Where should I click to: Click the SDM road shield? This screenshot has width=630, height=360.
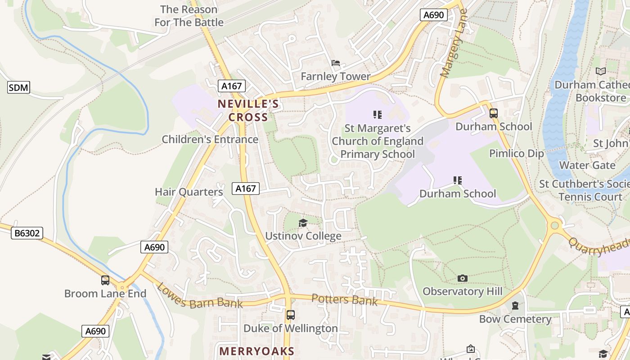point(18,87)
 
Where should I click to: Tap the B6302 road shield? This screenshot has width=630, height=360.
point(27,233)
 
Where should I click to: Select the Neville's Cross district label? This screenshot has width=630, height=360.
point(248,111)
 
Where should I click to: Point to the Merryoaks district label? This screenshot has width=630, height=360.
point(256,351)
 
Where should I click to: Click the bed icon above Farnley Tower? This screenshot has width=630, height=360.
point(336,63)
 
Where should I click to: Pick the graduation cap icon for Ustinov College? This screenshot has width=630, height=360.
point(303,223)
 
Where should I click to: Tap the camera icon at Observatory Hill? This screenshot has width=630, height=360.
point(462,278)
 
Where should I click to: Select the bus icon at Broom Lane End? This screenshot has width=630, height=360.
point(105,280)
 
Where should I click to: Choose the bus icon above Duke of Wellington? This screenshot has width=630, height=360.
point(290,315)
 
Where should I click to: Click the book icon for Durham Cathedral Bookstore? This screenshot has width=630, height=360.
point(600,71)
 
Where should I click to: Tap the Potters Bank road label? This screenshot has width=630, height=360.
point(344,299)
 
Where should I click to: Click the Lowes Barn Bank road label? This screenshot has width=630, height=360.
point(200,297)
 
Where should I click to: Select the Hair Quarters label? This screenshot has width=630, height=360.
point(189,192)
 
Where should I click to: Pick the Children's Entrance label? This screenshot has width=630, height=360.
point(210,139)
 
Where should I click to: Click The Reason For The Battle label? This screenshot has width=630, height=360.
point(189,16)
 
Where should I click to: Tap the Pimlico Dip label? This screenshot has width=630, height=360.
point(517,153)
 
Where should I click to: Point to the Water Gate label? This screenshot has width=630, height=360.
point(587,165)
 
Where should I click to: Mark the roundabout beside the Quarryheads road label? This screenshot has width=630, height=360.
point(555,225)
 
